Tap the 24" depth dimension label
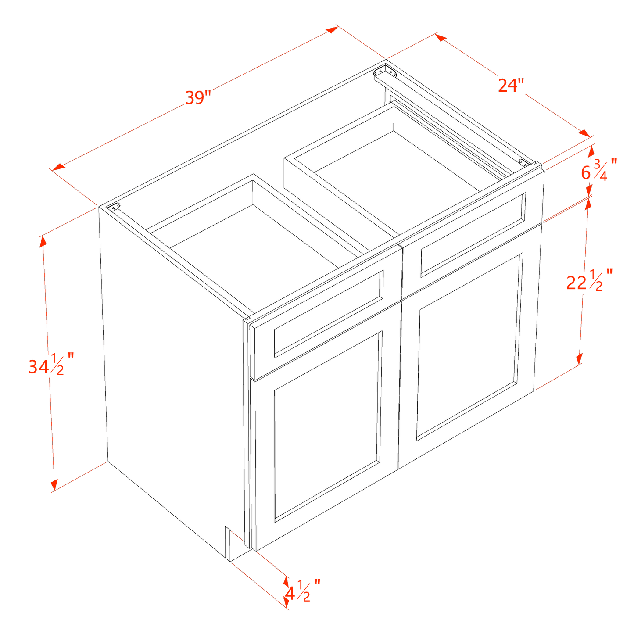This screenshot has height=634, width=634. [511, 85]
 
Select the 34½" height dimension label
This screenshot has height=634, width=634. [48, 365]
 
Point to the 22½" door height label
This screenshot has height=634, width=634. [587, 281]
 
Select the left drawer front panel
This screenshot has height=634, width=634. [328, 314]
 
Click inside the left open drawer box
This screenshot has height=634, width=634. [259, 246]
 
